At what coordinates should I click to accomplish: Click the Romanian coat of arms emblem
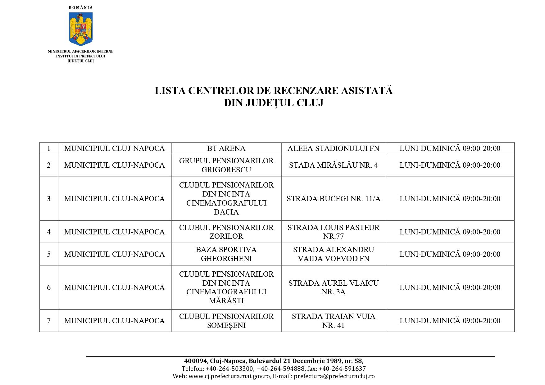tap(81, 29)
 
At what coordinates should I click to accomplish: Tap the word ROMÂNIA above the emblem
tap(80, 7)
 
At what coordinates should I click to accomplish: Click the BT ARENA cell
tap(226, 148)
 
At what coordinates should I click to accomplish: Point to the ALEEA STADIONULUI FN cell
tap(333, 148)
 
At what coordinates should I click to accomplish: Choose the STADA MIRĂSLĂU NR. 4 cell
tap(333, 165)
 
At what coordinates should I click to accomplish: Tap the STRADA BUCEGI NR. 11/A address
tap(333, 199)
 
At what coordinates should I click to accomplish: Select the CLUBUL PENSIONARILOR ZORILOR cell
tap(226, 232)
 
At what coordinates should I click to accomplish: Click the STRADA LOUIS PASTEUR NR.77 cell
tap(333, 232)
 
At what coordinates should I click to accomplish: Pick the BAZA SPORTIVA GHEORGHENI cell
tap(226, 254)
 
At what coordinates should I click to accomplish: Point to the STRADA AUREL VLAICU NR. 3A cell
tap(333, 288)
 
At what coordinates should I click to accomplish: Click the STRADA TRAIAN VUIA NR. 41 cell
tap(333, 321)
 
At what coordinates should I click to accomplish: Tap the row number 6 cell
tap(49, 288)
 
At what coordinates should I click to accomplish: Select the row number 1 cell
tap(49, 148)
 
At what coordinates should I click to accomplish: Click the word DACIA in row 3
tap(226, 212)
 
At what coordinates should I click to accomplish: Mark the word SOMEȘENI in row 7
tap(226, 325)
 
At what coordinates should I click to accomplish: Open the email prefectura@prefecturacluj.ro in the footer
tap(334, 376)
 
